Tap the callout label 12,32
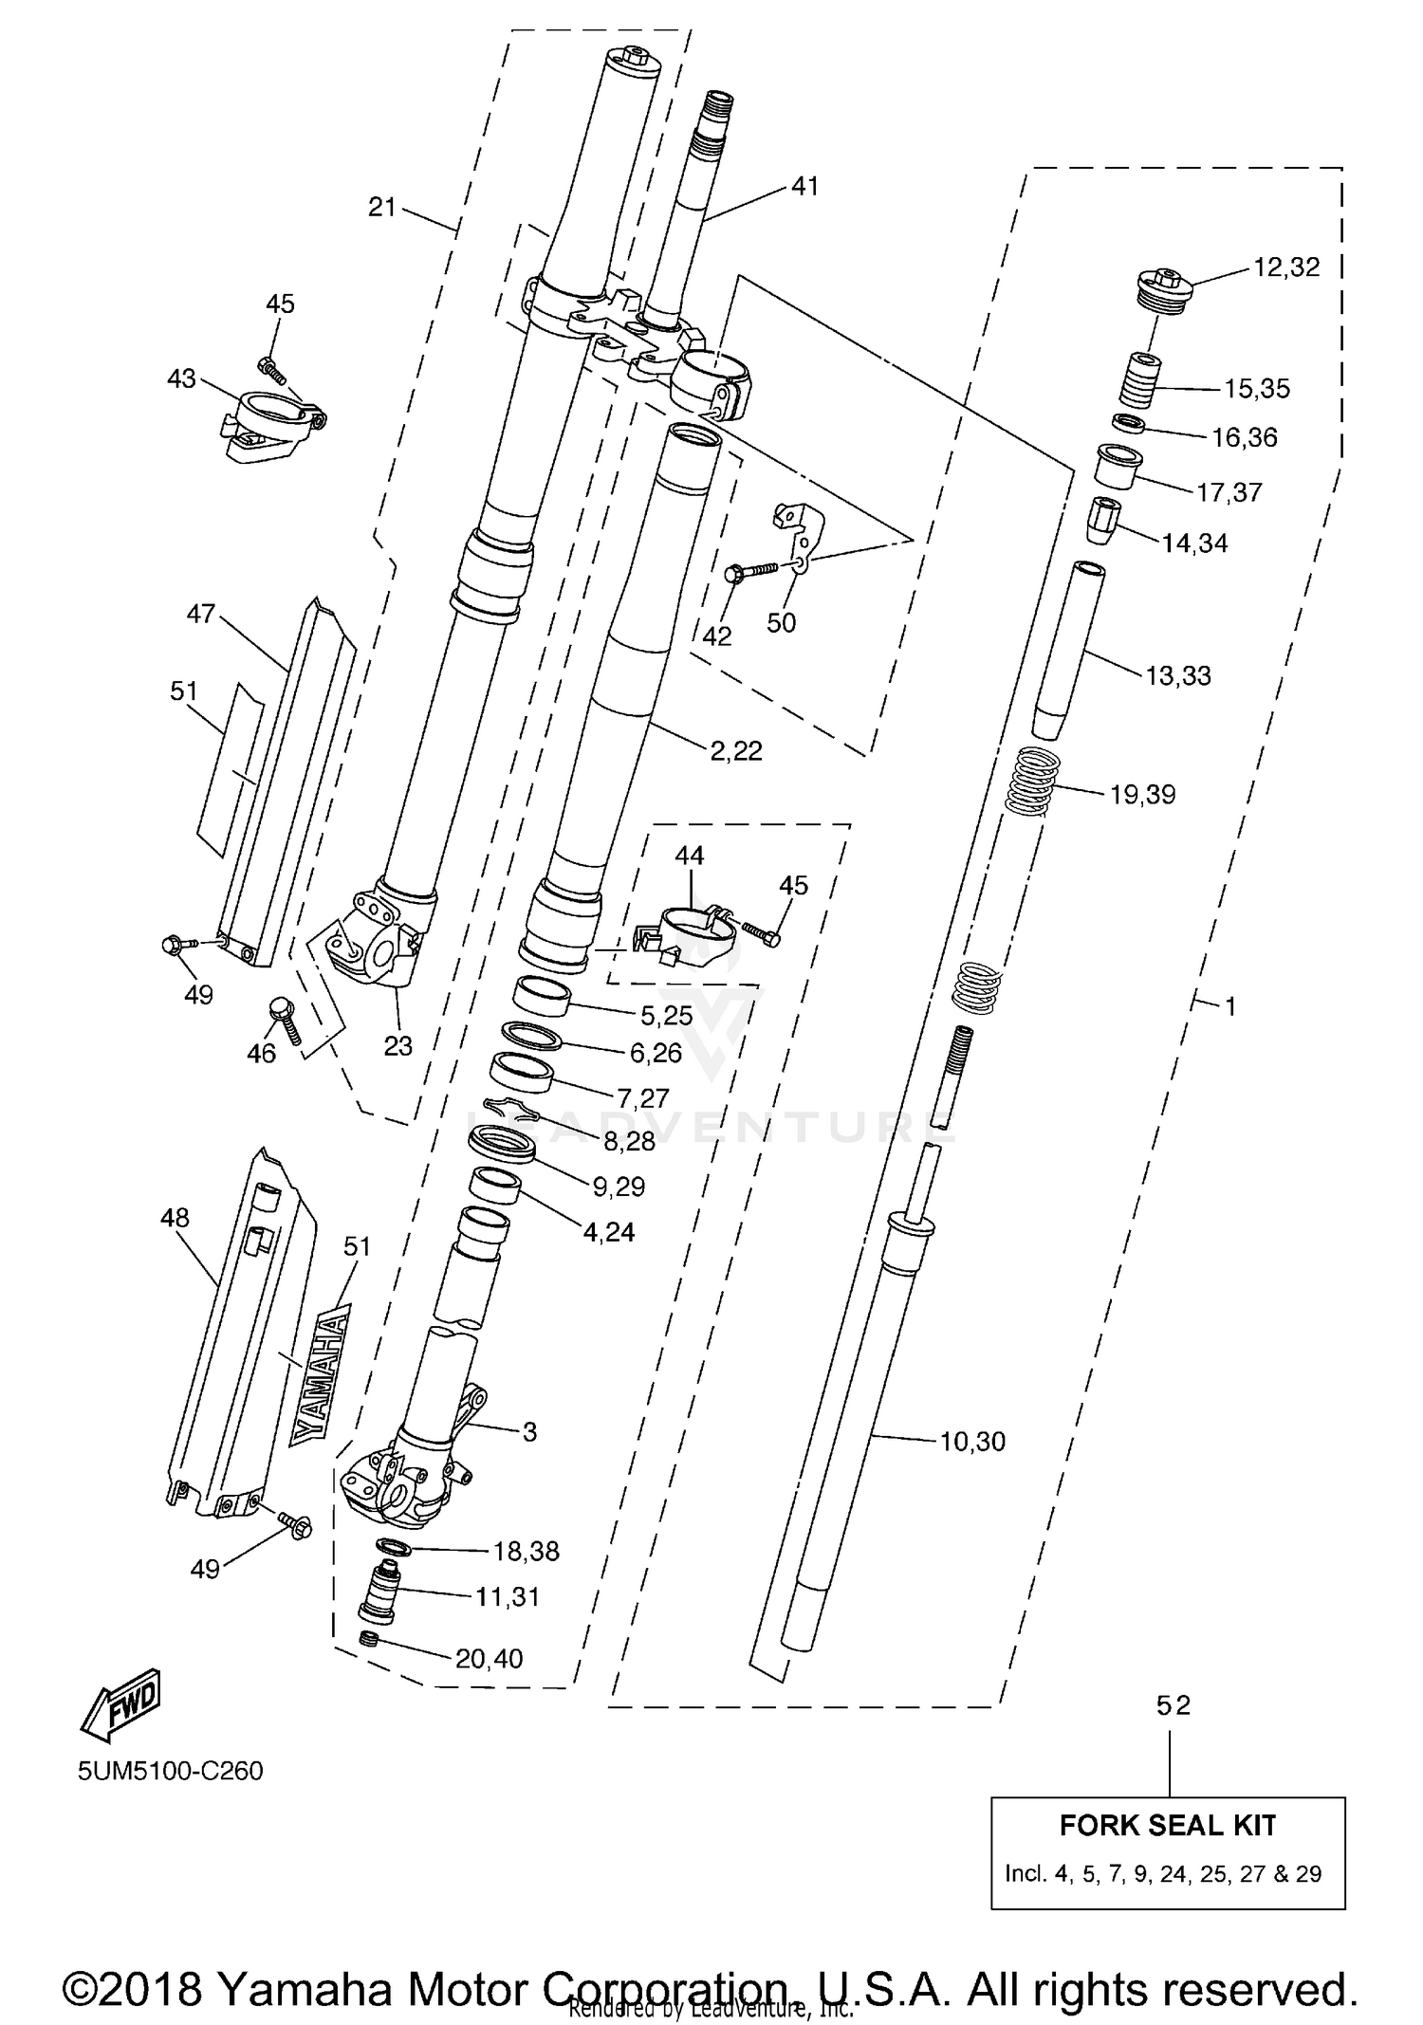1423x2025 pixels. click(x=1285, y=267)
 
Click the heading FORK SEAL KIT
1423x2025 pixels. click(x=1168, y=1825)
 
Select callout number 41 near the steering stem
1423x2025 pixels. click(x=804, y=187)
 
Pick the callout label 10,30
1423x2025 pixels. click(x=972, y=1442)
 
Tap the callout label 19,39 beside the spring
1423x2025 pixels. click(x=1142, y=794)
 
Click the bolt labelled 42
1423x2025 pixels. click(x=749, y=572)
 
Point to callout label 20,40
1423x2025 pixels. click(x=489, y=1658)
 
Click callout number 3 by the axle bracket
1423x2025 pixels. click(x=529, y=1431)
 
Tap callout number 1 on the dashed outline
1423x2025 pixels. click(x=1230, y=1006)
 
